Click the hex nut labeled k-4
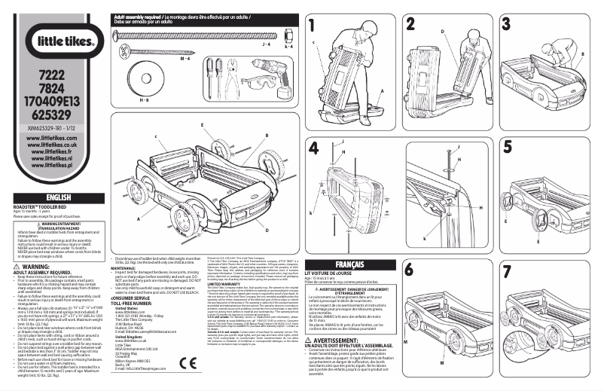[288, 35]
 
